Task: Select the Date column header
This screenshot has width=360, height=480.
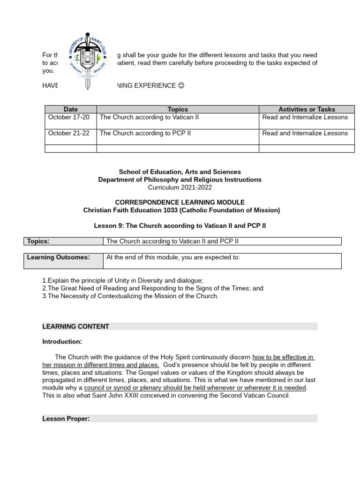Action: click(70, 109)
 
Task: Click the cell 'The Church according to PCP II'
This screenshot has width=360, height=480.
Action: click(145, 133)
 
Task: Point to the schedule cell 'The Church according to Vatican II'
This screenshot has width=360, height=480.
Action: click(149, 117)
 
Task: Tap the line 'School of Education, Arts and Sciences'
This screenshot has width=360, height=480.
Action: click(180, 172)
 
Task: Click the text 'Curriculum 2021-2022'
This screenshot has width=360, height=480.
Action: click(180, 187)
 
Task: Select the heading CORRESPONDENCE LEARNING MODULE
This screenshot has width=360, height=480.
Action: click(180, 202)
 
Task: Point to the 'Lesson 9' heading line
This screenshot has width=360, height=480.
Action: click(180, 225)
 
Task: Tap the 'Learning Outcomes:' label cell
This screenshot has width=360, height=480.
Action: click(63, 261)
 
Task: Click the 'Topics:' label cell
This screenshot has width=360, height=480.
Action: click(63, 241)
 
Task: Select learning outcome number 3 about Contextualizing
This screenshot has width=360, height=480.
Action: click(130, 296)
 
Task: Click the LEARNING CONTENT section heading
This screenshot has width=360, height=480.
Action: click(76, 326)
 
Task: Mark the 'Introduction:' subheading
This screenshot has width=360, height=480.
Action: click(62, 341)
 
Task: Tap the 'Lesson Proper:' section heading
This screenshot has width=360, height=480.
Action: click(66, 419)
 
